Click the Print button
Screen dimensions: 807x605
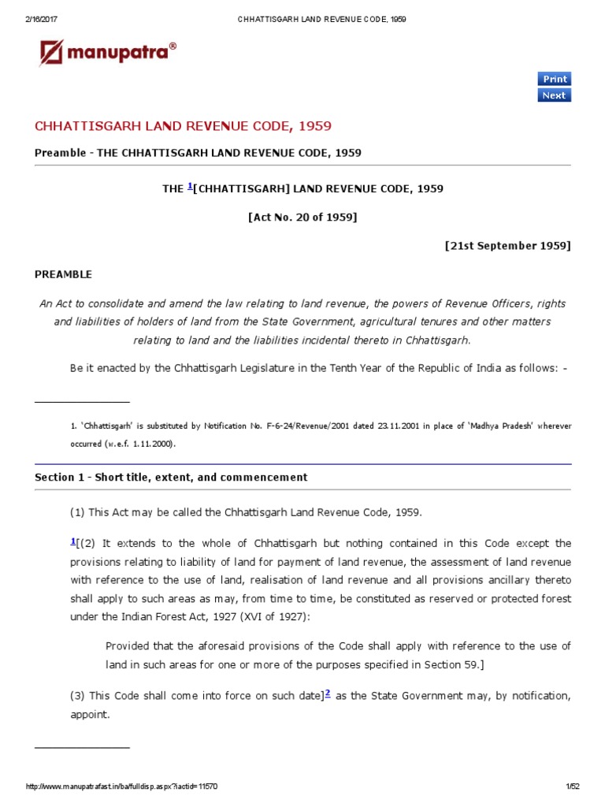pyautogui.click(x=554, y=79)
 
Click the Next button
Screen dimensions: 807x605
pyautogui.click(x=554, y=95)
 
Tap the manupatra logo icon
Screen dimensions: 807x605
pyautogui.click(x=51, y=54)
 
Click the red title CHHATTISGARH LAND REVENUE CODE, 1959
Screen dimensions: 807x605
pyautogui.click(x=183, y=126)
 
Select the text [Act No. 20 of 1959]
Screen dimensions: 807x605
pyautogui.click(x=302, y=217)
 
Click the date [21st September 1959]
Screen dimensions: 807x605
pyautogui.click(x=507, y=245)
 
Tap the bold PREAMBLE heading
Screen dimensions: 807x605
pyautogui.click(x=63, y=274)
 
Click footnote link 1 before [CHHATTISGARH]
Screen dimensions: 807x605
pyautogui.click(x=190, y=187)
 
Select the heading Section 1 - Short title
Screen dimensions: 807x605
pyautogui.click(x=171, y=478)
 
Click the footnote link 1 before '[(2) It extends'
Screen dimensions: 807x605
pyautogui.click(x=72, y=541)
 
